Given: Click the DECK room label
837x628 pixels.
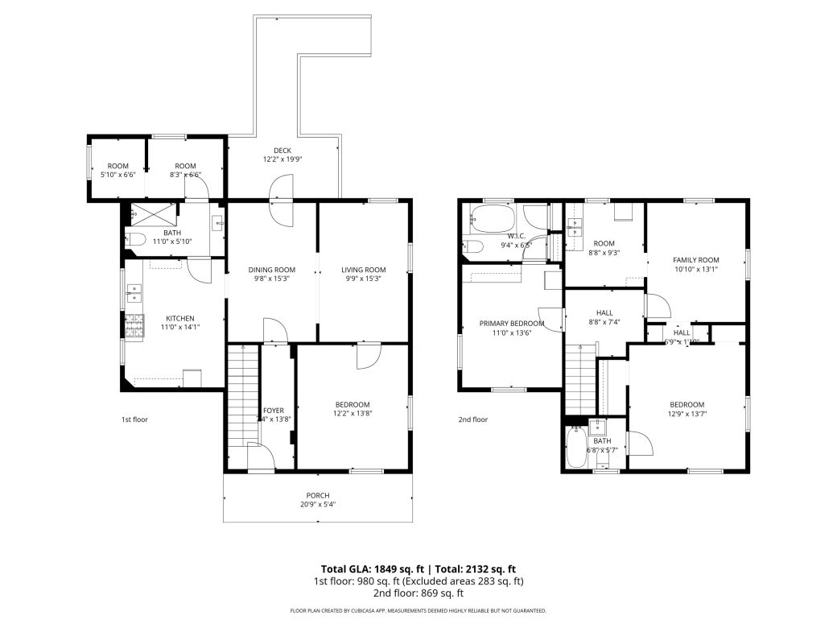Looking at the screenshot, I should [x=282, y=151].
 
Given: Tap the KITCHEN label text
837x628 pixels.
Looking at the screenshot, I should [x=180, y=318].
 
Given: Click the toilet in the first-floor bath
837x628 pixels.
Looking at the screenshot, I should [x=134, y=239].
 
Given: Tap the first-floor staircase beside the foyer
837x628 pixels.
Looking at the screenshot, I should [x=241, y=395].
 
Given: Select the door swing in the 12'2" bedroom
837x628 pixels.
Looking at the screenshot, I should [x=368, y=357].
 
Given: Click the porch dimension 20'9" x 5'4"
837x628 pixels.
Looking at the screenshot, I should [x=317, y=505].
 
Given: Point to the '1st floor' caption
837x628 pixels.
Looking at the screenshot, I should [x=134, y=419].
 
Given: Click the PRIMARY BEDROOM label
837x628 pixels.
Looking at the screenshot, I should [x=512, y=324].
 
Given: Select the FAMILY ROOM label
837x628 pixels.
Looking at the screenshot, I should [x=695, y=260].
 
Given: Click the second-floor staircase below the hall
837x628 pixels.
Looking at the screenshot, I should [x=579, y=378].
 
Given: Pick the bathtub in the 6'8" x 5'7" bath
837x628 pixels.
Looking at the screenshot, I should [x=576, y=449].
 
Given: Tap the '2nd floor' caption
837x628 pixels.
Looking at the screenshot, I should [x=473, y=419].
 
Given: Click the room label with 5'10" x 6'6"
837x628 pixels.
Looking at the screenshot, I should [x=118, y=170].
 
